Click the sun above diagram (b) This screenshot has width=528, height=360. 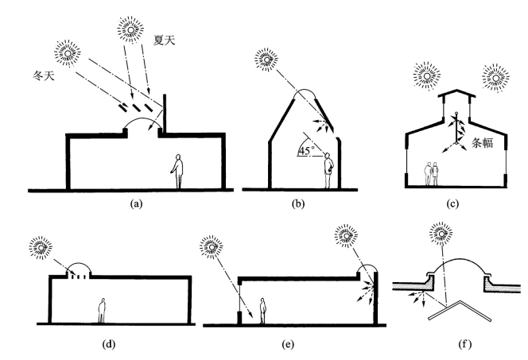(x=264, y=58)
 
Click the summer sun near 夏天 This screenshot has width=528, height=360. (x=129, y=29)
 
